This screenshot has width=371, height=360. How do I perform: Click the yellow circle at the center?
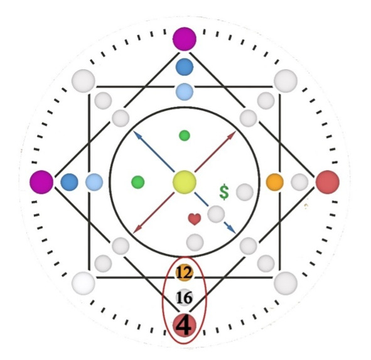(185, 182)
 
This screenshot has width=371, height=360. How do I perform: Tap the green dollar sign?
(224, 192)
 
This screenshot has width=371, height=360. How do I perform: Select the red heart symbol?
(195, 219)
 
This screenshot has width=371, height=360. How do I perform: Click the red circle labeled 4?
(185, 325)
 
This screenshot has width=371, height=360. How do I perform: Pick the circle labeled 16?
(185, 297)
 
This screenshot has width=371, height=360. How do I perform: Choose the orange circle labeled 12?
(185, 273)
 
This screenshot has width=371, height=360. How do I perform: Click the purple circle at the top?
(185, 39)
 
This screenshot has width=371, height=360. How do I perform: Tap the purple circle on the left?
(41, 182)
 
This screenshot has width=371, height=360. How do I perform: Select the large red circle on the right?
(328, 182)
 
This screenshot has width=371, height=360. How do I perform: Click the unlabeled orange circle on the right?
(275, 182)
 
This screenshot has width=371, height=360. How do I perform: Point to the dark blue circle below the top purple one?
(185, 67)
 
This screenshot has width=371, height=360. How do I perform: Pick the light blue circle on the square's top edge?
(185, 92)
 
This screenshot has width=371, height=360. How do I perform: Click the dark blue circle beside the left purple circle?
(69, 182)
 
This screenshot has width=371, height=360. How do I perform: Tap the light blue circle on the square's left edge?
(94, 182)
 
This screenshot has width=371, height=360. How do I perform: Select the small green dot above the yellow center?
(185, 136)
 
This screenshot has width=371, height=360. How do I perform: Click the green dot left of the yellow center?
(138, 182)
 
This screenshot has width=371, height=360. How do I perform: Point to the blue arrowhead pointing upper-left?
(137, 134)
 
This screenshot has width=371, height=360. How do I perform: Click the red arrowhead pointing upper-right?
(232, 134)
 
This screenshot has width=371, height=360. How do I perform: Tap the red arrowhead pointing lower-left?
(137, 229)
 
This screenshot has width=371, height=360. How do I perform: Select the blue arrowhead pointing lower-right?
(232, 229)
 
